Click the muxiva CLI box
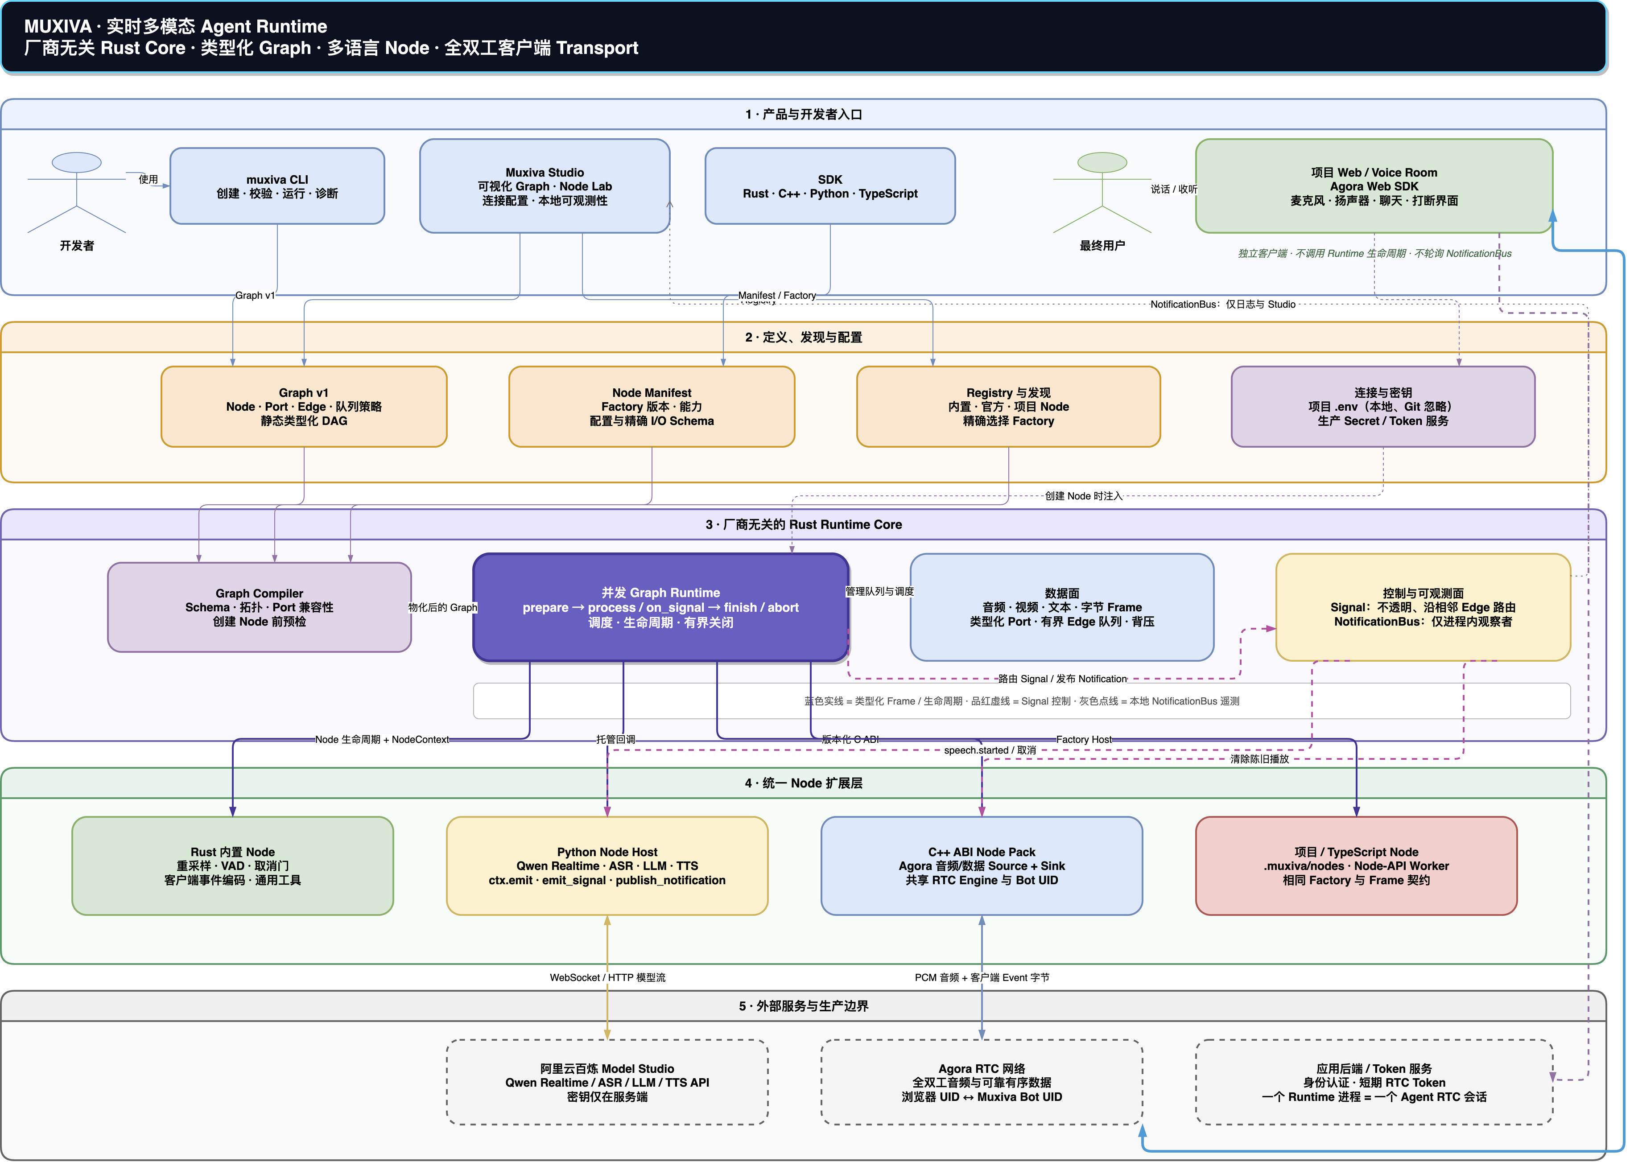(277, 186)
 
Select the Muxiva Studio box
(545, 186)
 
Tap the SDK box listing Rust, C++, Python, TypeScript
(830, 186)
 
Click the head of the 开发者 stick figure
(77, 162)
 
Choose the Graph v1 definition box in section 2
(304, 406)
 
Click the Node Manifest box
(652, 406)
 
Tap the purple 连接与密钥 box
(1383, 406)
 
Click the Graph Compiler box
(259, 607)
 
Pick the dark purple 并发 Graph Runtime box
(661, 607)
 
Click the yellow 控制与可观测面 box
(1423, 607)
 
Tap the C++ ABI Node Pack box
(982, 866)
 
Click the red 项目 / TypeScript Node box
(1357, 866)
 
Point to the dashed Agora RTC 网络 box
(982, 1082)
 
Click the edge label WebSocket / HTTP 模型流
(607, 977)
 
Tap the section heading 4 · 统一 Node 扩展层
(804, 783)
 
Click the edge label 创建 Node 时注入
(1084, 496)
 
